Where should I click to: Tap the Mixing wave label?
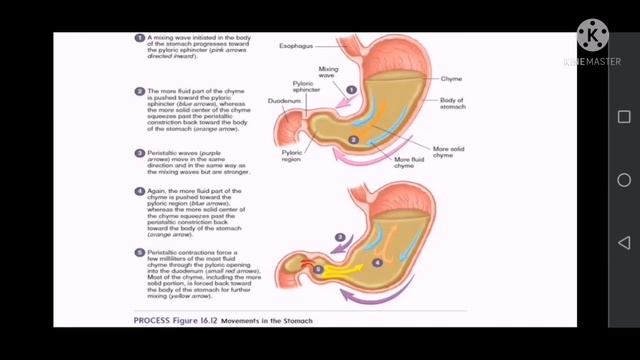click(x=327, y=71)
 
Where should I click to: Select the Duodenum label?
click(x=282, y=100)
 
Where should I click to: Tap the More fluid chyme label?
click(x=409, y=163)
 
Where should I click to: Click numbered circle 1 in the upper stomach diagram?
click(x=351, y=89)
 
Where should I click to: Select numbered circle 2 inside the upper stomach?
click(x=354, y=139)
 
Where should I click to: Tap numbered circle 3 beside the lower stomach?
click(x=339, y=237)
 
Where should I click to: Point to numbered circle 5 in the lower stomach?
click(x=317, y=269)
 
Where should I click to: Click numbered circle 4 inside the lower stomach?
click(x=377, y=262)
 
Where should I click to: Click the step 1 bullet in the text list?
click(x=139, y=37)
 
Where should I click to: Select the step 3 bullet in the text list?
click(x=139, y=153)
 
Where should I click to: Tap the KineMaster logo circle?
click(x=593, y=37)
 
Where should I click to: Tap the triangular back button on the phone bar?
click(x=624, y=242)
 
